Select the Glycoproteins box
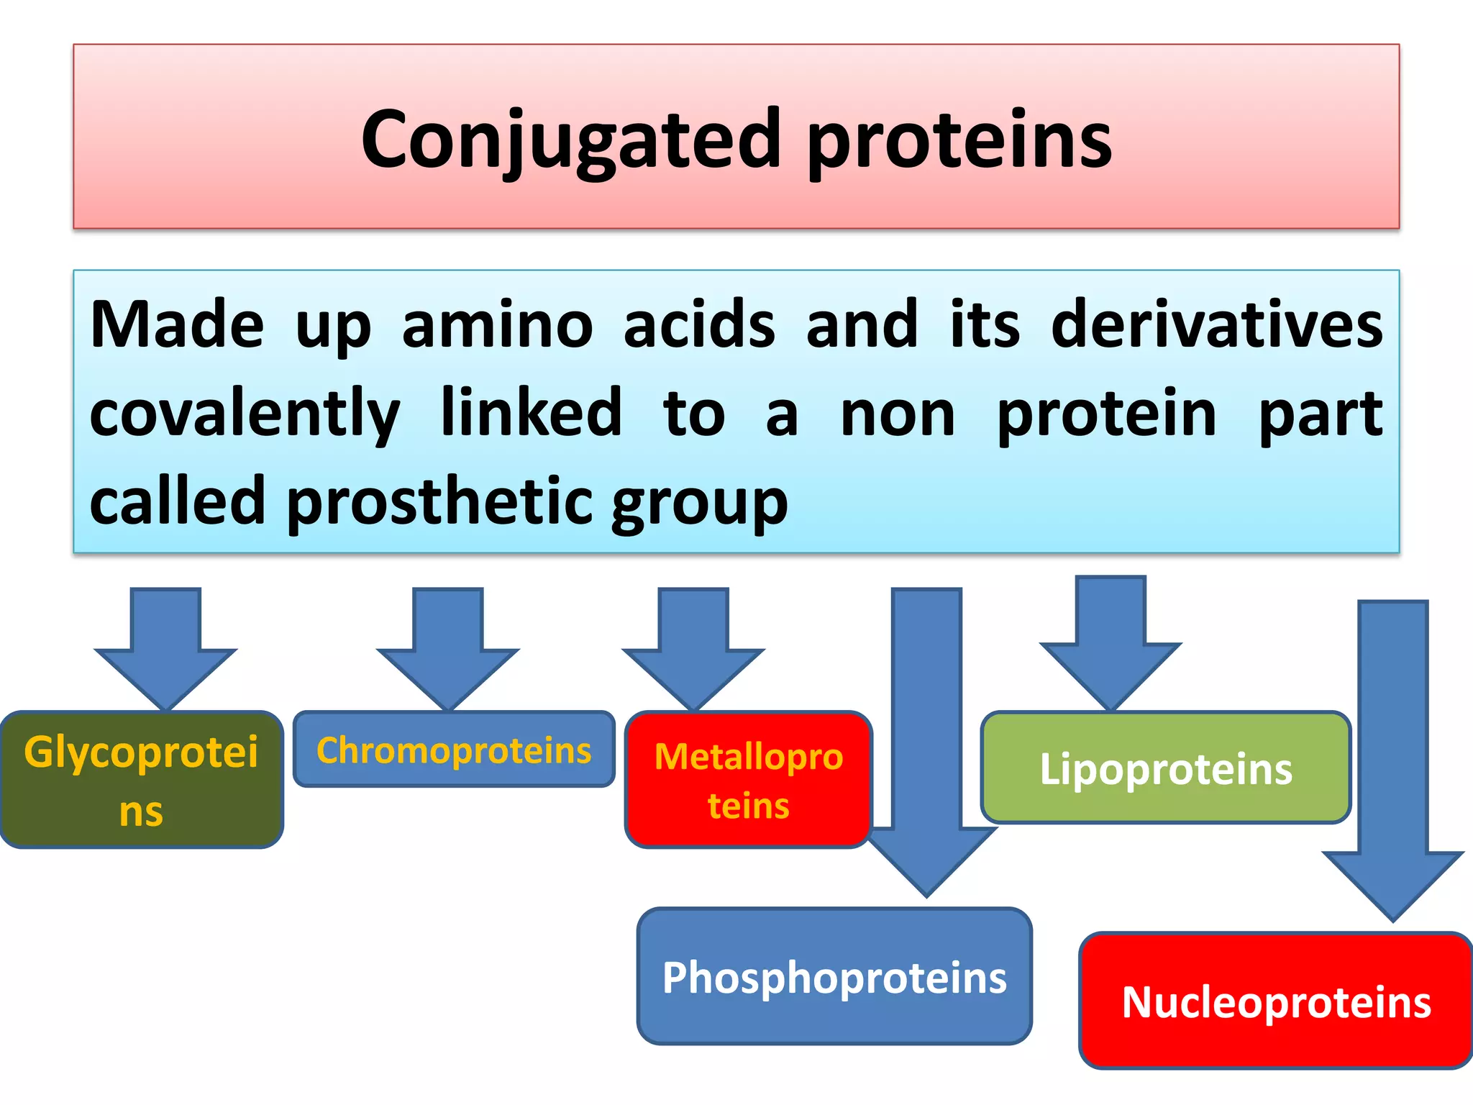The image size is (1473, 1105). pyautogui.click(x=142, y=780)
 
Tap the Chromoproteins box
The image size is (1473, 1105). pyautogui.click(x=454, y=750)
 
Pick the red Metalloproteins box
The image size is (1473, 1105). pyautogui.click(x=748, y=780)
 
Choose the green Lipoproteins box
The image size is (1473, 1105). pyautogui.click(x=1165, y=768)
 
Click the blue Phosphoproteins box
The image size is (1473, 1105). pyautogui.click(x=834, y=977)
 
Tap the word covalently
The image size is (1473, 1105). pyautogui.click(x=245, y=414)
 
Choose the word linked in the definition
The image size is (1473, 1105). pyautogui.click(x=531, y=413)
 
